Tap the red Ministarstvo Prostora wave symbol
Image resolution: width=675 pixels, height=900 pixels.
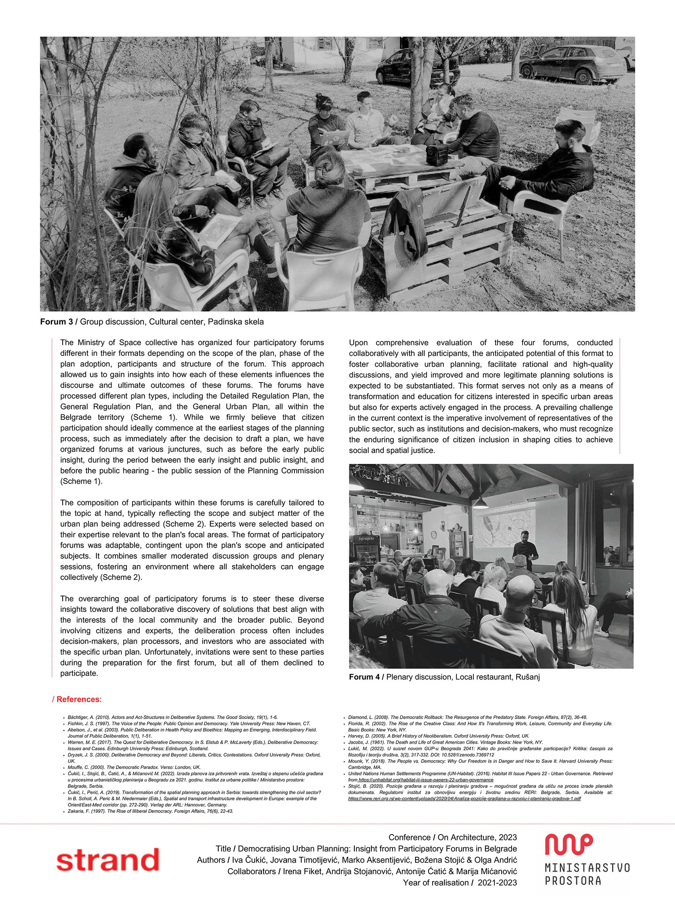[x=568, y=844]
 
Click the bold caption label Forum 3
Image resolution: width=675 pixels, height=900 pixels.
[x=56, y=322]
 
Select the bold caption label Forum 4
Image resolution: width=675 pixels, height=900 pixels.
[x=365, y=677]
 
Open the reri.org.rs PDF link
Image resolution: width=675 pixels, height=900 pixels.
[x=464, y=799]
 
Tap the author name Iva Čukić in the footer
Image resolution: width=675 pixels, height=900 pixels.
[x=248, y=860]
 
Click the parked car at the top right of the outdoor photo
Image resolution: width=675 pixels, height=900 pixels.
[x=574, y=64]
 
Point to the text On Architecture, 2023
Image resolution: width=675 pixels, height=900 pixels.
[x=477, y=837]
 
